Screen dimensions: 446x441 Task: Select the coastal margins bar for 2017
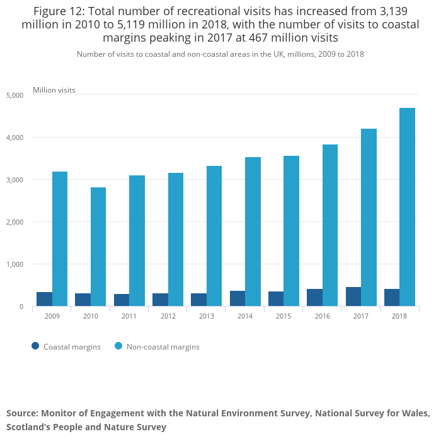[353, 296]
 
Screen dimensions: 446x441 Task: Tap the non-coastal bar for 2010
[98, 247]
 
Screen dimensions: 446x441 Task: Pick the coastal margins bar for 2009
[44, 299]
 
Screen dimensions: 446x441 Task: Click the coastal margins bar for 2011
[122, 300]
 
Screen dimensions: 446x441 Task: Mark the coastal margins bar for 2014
[238, 298]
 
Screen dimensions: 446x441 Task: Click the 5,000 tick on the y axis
[14, 95]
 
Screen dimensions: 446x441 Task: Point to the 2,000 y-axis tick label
[14, 222]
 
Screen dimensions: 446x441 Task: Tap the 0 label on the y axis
[21, 307]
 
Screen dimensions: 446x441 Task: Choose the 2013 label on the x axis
[207, 315]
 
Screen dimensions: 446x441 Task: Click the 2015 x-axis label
[283, 315]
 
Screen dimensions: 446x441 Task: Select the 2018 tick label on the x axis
[399, 315]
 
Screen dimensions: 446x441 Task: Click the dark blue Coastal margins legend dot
[35, 346]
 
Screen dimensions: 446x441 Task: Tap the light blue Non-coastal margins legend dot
[118, 346]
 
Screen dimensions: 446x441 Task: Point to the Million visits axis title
[54, 90]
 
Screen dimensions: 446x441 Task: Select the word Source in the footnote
[22, 413]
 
